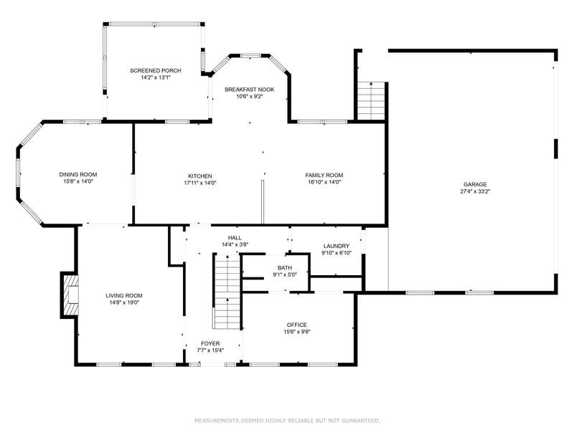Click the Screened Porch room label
[x=156, y=70]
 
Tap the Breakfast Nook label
[x=249, y=90]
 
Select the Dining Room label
[x=78, y=174]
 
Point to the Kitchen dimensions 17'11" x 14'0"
[x=200, y=183]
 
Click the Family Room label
[x=324, y=175]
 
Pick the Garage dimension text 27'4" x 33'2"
[x=475, y=191]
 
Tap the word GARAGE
[x=475, y=184]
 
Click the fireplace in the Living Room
[x=70, y=295]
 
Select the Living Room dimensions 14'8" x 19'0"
[x=124, y=302]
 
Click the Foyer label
[x=210, y=344]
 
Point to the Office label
[x=297, y=325]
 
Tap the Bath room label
[x=285, y=268]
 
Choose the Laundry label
[x=337, y=246]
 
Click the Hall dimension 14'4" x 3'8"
[x=235, y=244]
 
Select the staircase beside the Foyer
[x=227, y=292]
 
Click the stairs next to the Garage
[x=372, y=101]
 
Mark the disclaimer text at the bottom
[x=287, y=421]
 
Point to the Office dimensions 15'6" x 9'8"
[x=297, y=332]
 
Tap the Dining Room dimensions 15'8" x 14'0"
[x=78, y=181]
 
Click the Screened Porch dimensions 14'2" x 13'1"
[x=156, y=77]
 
